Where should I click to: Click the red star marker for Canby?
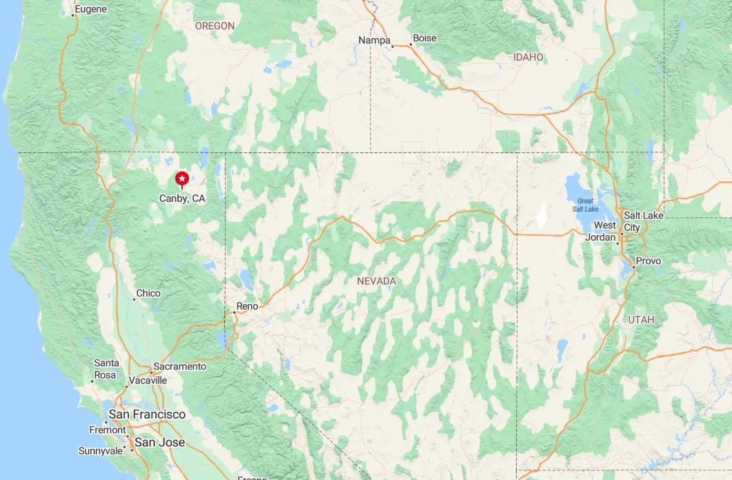pos(182,178)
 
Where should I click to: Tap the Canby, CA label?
pos(182,199)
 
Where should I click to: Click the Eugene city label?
pos(90,9)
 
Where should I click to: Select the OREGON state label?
pos(215,26)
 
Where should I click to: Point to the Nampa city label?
pos(374,41)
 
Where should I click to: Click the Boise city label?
pos(424,38)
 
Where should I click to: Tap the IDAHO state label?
pos(528,57)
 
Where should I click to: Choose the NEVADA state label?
pos(377,281)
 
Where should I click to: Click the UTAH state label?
pos(641,319)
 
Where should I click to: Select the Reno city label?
pos(246,306)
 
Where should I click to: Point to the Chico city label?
pos(148,293)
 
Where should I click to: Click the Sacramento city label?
pos(179,366)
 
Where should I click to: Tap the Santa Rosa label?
pos(106,368)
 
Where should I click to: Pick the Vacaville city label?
pos(147,380)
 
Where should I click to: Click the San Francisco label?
pos(147,414)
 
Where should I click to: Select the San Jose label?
pos(159,442)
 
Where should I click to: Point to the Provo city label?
pos(649,261)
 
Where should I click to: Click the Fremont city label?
pos(108,430)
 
